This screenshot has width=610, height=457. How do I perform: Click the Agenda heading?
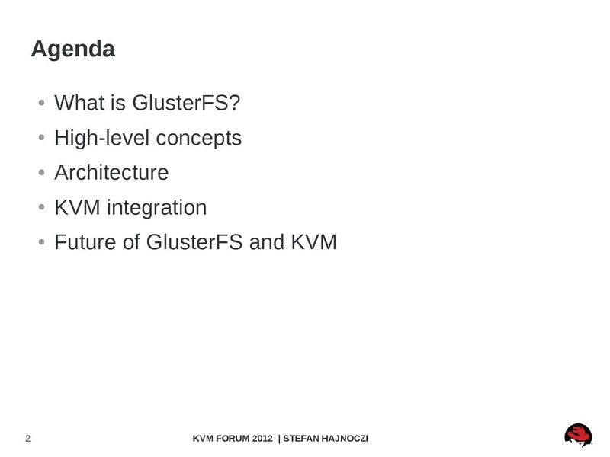[x=72, y=50]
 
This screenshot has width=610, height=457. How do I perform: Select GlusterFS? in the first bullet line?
[x=186, y=103]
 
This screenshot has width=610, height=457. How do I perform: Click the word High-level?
[x=102, y=139]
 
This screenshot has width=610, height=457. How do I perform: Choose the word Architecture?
[x=111, y=172]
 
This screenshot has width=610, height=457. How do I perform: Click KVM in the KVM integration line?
[x=77, y=207]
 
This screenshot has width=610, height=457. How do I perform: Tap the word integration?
[x=156, y=208]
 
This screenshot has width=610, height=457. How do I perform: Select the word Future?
[x=85, y=242]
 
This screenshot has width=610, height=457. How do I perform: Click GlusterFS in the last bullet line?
[x=194, y=242]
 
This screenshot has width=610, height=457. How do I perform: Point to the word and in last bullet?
[x=266, y=242]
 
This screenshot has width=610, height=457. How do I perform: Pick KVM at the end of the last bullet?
[x=313, y=242]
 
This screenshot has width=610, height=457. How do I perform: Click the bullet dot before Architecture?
[x=42, y=172]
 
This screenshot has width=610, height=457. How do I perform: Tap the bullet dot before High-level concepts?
[x=42, y=138]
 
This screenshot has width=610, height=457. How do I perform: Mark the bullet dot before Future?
[x=42, y=242]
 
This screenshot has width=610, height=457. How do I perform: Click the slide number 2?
[x=28, y=439]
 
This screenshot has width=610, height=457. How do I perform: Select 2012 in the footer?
[x=262, y=439]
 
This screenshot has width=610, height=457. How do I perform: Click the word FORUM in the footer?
[x=233, y=439]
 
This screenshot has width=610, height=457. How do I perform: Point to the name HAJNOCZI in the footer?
[x=348, y=439]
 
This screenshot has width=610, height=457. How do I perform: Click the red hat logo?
[x=578, y=435]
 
